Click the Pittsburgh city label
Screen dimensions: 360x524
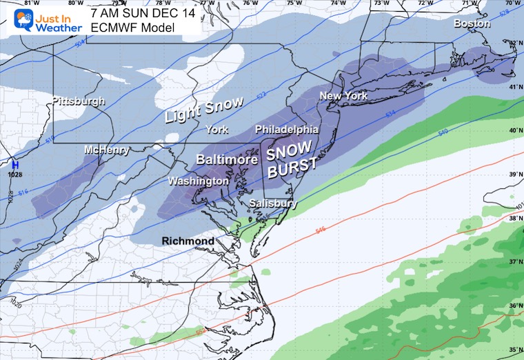tap(78, 101)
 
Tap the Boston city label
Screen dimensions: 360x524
tap(472, 23)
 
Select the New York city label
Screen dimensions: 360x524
tap(343, 96)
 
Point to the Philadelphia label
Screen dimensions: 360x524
tap(287, 130)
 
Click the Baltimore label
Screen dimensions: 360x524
tap(221, 159)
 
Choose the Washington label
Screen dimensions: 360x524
tap(200, 181)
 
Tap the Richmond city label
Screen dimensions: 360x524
tap(188, 241)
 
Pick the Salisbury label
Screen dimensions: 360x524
tap(274, 203)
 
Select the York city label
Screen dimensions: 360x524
tap(218, 130)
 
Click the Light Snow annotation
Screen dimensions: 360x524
tap(204, 110)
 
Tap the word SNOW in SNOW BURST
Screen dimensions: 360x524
tap(290, 150)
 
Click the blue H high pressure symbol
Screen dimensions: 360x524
tap(14, 165)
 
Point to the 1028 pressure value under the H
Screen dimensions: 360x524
tap(14, 174)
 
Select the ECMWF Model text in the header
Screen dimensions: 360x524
tap(132, 28)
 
